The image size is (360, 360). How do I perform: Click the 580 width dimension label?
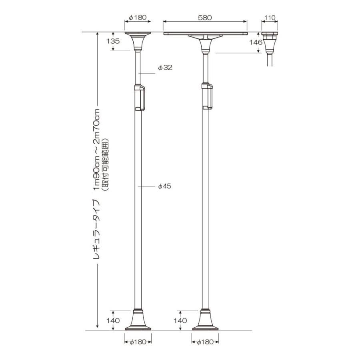[x=205, y=18]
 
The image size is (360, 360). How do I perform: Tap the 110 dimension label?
[x=270, y=18]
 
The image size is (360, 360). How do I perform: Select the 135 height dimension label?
[x=113, y=41]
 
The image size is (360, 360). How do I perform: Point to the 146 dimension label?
[x=256, y=42]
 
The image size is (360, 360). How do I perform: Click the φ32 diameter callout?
[x=165, y=68]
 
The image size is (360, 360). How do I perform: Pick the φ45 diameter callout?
[x=165, y=186]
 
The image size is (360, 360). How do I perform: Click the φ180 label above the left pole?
[x=138, y=18]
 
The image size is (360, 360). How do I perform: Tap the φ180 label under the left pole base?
[x=138, y=342]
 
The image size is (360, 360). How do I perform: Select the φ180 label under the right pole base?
[x=205, y=342]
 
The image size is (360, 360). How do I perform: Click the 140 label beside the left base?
[x=113, y=320]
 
